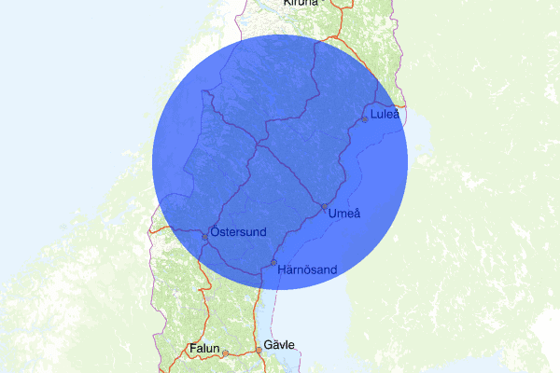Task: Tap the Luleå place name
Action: [x=385, y=115]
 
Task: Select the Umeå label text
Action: [x=344, y=214]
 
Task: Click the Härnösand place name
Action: [x=307, y=269]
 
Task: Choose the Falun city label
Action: [x=203, y=349]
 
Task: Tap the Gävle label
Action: [x=279, y=345]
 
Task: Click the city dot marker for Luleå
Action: [x=365, y=118]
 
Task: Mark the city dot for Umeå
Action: [x=324, y=206]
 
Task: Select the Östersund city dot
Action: [x=205, y=235]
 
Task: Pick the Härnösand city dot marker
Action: [x=273, y=262]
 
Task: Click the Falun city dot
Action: [x=225, y=352]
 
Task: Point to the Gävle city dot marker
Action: [x=259, y=351]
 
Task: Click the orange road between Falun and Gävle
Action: [x=242, y=352]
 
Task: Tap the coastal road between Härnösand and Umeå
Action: [x=301, y=233]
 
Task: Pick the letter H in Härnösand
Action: [x=282, y=269]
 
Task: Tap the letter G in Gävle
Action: [x=268, y=345]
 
